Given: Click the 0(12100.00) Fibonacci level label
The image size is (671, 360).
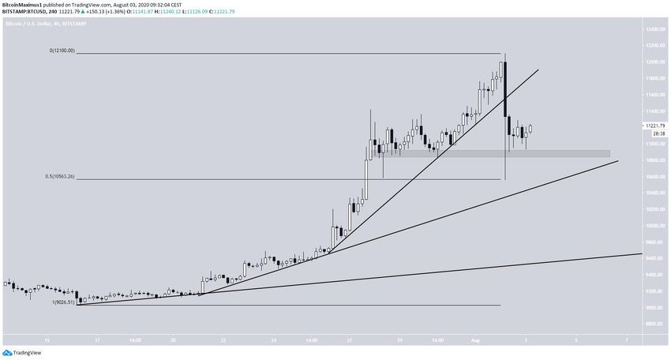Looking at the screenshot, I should click(62, 51).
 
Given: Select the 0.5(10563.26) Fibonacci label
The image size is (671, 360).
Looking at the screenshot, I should click(60, 178).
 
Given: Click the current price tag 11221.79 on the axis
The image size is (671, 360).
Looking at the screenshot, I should click(654, 126).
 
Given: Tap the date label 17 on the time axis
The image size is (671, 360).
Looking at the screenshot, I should click(97, 339).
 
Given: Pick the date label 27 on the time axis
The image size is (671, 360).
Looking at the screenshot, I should click(348, 339).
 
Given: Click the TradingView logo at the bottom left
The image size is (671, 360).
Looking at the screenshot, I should click(23, 353).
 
